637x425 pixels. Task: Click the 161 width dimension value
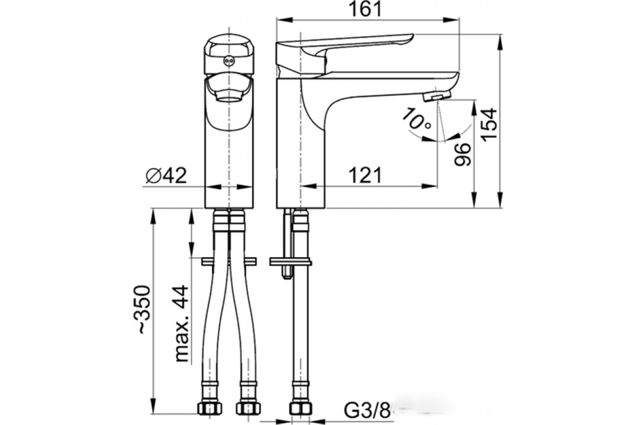(366, 9)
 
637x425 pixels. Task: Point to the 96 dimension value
(463, 154)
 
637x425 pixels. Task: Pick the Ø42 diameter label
(165, 176)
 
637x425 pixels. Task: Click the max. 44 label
(182, 324)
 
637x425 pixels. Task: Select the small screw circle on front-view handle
(229, 61)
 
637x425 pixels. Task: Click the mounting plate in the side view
(290, 261)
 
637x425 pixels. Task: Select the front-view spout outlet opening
(229, 96)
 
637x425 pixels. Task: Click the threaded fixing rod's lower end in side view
(287, 274)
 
